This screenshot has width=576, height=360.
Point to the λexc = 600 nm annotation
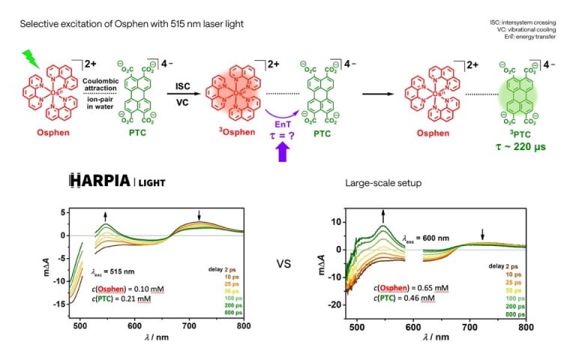click(429, 238)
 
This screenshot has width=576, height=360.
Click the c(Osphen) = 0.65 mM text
click(411, 287)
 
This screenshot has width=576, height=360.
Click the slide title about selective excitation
click(131, 25)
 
